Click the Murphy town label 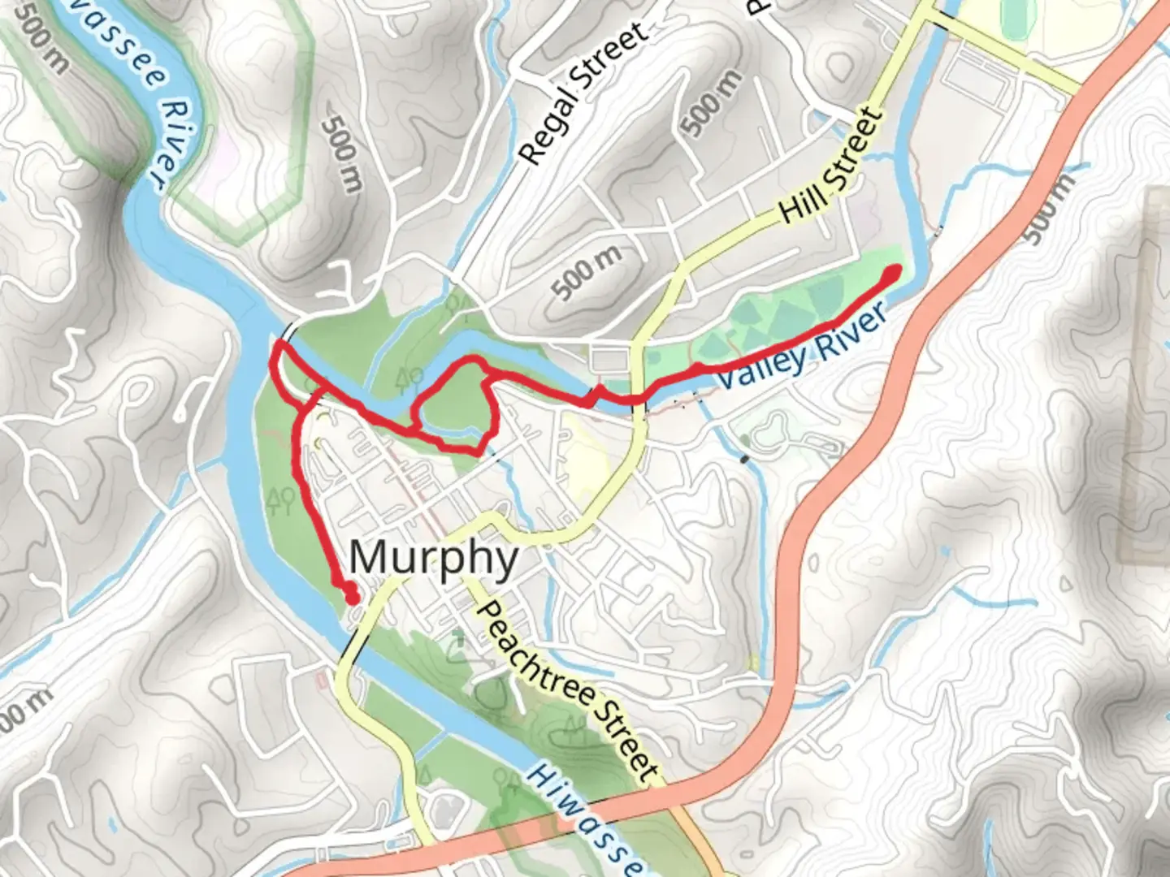[434, 559]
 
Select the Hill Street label [830, 166]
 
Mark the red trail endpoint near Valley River [893, 273]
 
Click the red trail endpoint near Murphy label [352, 598]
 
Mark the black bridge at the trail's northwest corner [289, 332]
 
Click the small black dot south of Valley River [745, 460]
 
